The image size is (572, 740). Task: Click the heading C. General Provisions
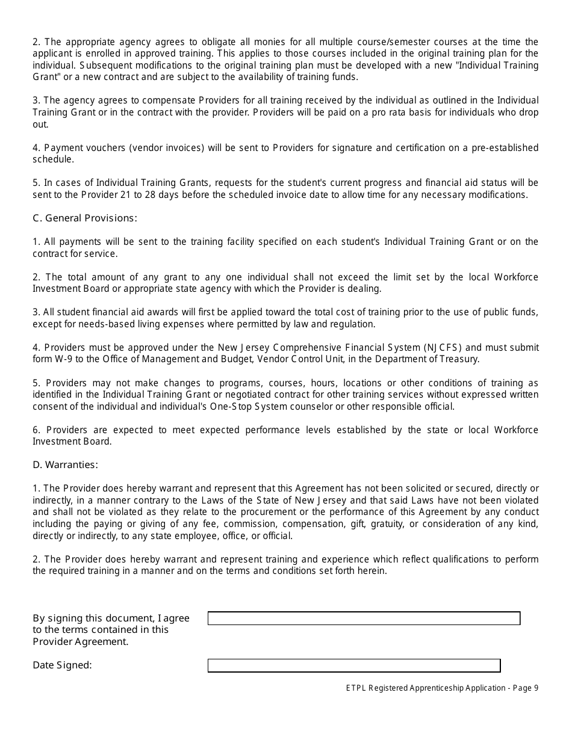pos(85,218)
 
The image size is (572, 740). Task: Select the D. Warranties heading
pos(65,465)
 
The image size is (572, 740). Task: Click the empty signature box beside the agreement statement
pos(364,618)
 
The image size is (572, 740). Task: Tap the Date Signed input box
pos(354,665)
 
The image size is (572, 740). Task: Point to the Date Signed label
pos(62,665)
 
